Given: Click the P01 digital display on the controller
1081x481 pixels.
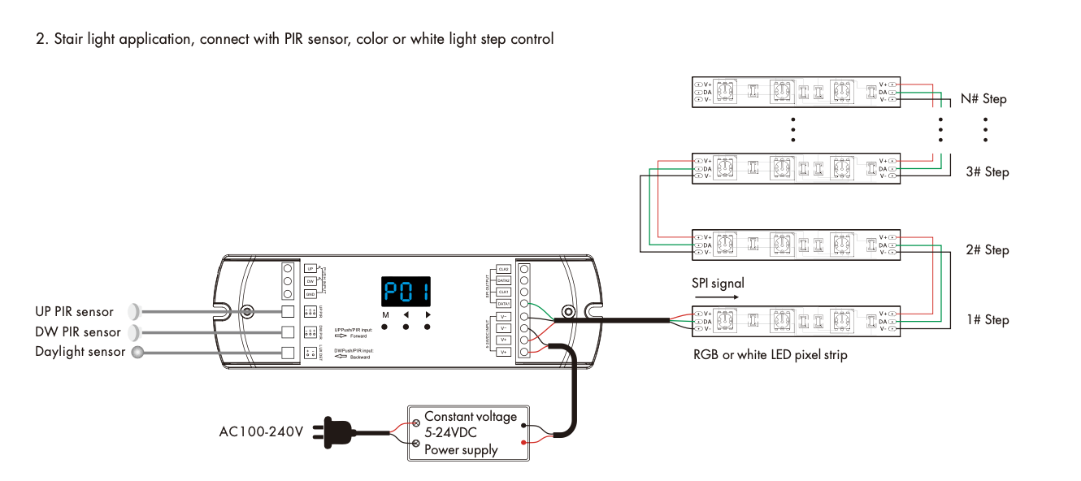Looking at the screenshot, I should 406,291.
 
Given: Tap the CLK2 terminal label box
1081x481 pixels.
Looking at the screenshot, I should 503,269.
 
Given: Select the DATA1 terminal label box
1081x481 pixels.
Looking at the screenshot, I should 503,303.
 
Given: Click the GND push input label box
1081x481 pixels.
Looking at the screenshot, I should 310,294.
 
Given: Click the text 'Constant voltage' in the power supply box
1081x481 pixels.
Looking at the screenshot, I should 470,416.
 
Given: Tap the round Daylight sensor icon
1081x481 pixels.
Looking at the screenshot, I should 137,352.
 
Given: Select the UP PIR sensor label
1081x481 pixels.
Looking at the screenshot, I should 74,311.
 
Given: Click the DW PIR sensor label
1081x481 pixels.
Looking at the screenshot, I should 77,331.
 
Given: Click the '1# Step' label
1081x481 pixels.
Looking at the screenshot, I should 987,320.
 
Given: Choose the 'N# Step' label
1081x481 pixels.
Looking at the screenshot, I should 983,99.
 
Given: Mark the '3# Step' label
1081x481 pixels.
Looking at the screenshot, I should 987,172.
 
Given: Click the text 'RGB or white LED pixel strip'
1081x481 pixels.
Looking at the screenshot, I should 770,354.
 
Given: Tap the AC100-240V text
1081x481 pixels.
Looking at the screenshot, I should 260,431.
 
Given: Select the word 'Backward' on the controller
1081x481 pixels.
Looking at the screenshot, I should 360,357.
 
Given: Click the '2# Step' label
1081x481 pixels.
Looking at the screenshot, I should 987,250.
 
